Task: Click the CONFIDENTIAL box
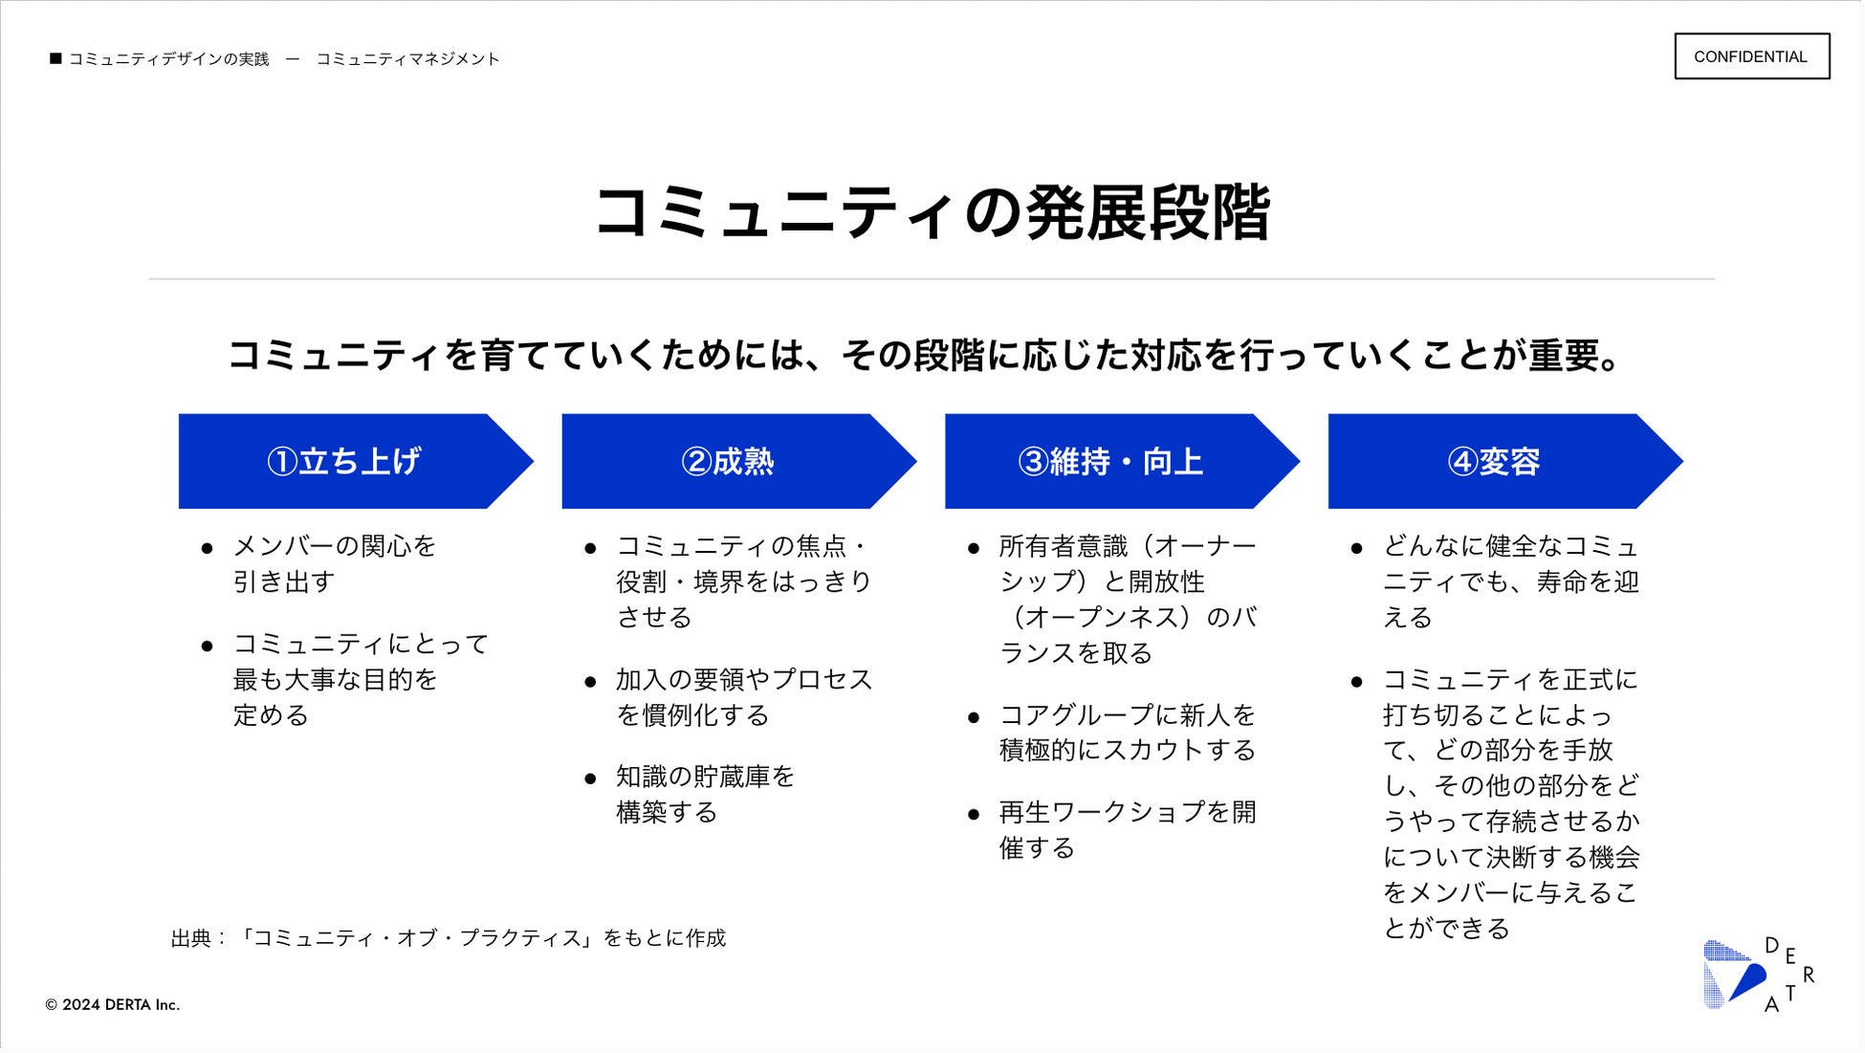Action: click(x=1750, y=56)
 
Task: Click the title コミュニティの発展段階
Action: click(x=932, y=212)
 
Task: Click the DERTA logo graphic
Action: click(x=1758, y=975)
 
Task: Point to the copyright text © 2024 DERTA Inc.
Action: click(x=113, y=1005)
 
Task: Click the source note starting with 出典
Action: click(x=449, y=938)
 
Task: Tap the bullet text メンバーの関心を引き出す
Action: click(x=334, y=563)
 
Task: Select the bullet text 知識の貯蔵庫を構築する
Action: click(x=705, y=794)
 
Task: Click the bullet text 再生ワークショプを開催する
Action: click(x=1127, y=829)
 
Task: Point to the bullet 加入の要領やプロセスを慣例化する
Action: click(x=743, y=697)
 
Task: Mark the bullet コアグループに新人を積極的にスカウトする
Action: click(x=1127, y=733)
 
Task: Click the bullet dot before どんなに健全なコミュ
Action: click(x=1356, y=548)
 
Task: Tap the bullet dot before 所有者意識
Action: click(x=974, y=548)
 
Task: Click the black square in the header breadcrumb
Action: click(x=55, y=58)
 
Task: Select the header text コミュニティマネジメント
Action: click(x=407, y=59)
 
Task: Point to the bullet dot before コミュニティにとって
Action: click(x=207, y=647)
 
